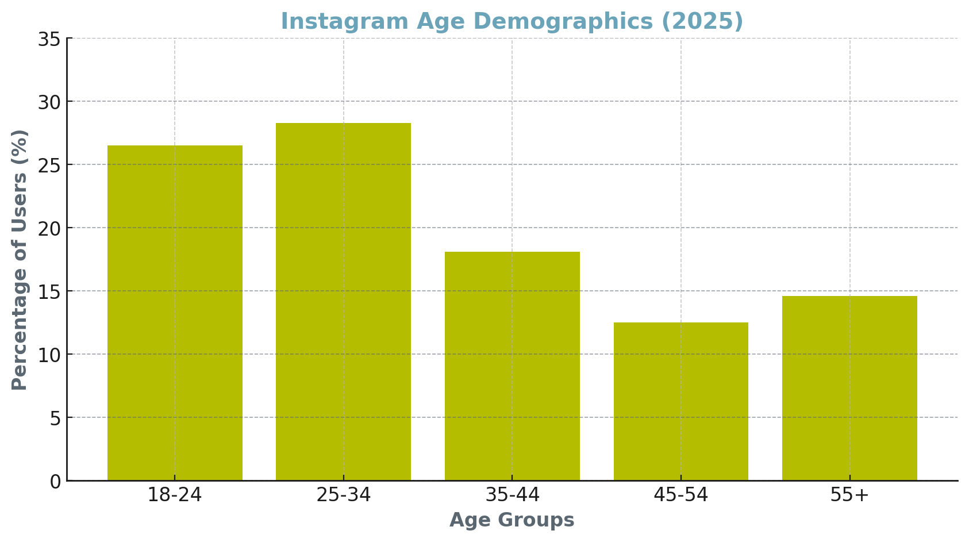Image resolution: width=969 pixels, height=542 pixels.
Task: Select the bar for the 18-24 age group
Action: pyautogui.click(x=175, y=313)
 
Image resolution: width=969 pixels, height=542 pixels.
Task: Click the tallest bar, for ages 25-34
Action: pyautogui.click(x=343, y=302)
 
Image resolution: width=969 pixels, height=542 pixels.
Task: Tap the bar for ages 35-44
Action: pyautogui.click(x=512, y=366)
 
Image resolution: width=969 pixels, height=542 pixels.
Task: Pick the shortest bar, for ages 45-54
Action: pyautogui.click(x=680, y=401)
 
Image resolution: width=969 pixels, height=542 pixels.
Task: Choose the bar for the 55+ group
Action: pyautogui.click(x=849, y=388)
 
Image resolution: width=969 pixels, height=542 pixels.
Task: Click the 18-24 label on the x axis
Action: pyautogui.click(x=175, y=495)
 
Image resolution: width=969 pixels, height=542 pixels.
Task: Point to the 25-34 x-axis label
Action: pyautogui.click(x=343, y=495)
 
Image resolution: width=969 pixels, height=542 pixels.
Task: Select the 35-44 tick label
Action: pyautogui.click(x=512, y=495)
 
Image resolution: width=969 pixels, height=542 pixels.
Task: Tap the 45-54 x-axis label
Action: pyautogui.click(x=680, y=495)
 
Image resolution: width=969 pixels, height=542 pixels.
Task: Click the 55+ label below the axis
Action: pyautogui.click(x=849, y=495)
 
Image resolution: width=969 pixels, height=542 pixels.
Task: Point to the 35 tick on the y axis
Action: pyautogui.click(x=49, y=40)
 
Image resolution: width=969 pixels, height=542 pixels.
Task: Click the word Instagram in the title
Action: pyautogui.click(x=344, y=22)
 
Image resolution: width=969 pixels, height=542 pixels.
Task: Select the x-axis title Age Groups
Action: pyautogui.click(x=512, y=520)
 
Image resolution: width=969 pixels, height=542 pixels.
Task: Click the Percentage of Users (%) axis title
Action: pyautogui.click(x=20, y=260)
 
